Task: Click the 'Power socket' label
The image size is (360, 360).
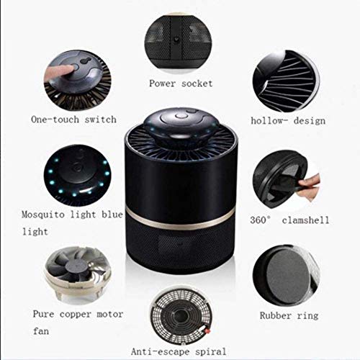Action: (181, 84)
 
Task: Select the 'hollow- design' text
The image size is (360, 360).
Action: (287, 122)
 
